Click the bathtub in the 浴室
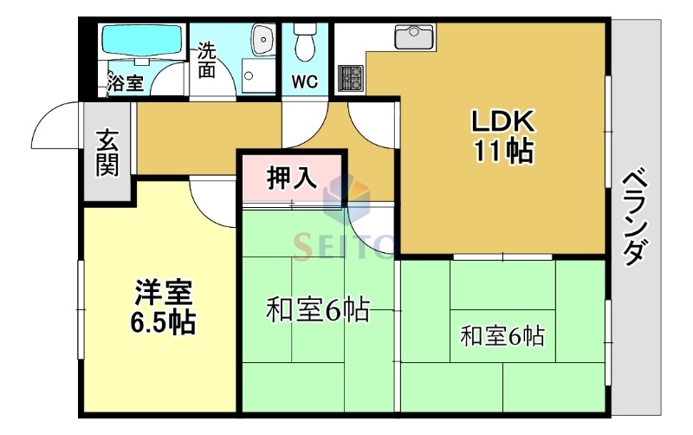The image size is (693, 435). click(141, 42)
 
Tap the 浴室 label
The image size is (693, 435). click(125, 84)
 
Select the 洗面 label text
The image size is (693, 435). click(206, 60)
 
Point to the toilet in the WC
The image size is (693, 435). click(304, 39)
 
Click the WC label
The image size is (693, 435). click(304, 82)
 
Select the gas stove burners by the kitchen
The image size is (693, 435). click(350, 79)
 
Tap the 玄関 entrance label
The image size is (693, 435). click(107, 153)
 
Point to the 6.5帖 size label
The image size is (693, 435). click(163, 322)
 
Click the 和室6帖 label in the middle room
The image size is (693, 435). click(317, 308)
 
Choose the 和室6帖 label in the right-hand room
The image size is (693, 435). click(502, 334)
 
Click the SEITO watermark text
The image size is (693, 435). click(344, 245)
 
